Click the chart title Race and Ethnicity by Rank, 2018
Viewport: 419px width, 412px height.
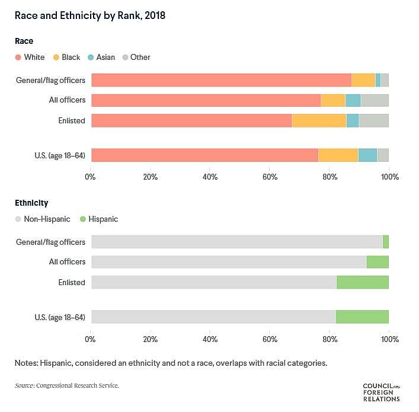[x=90, y=15]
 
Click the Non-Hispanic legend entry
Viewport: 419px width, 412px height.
[x=43, y=219]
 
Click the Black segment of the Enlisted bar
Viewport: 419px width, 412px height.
[x=319, y=120]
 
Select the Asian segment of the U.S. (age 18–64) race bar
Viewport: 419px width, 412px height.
[x=367, y=155]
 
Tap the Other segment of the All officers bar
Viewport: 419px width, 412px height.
[x=375, y=100]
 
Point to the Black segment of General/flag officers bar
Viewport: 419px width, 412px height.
[x=363, y=80]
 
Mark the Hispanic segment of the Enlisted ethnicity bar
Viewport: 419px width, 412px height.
[x=362, y=282]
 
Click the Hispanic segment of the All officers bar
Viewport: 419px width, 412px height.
[x=378, y=262]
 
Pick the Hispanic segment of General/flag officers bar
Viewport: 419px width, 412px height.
[x=386, y=242]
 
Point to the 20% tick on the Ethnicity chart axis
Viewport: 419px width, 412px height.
[x=150, y=339]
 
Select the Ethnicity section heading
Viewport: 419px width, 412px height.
[x=31, y=203]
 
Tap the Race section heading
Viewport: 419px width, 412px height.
[x=24, y=41]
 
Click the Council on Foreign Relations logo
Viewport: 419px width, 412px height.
[x=381, y=392]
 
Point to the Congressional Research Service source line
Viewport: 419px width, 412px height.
[x=66, y=386]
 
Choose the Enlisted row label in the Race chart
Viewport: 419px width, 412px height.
[x=71, y=121]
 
